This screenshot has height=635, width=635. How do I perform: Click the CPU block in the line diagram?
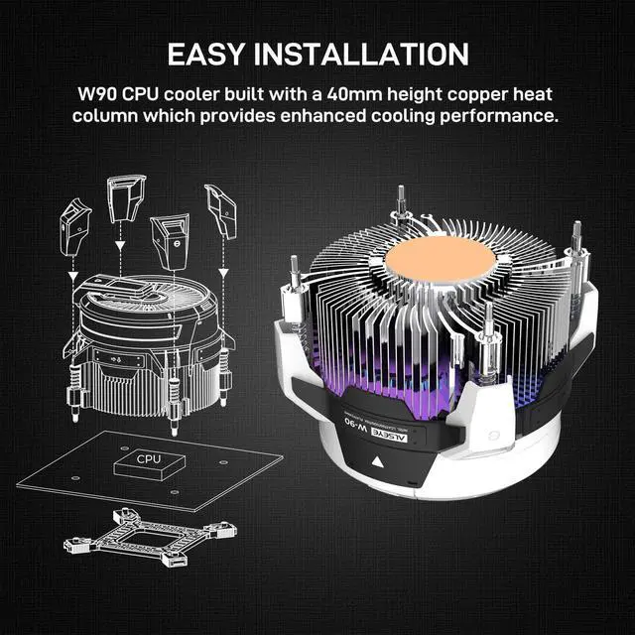(x=149, y=459)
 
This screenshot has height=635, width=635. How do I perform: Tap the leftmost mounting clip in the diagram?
(x=75, y=221)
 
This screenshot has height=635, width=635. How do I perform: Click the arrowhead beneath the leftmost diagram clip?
(x=75, y=275)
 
